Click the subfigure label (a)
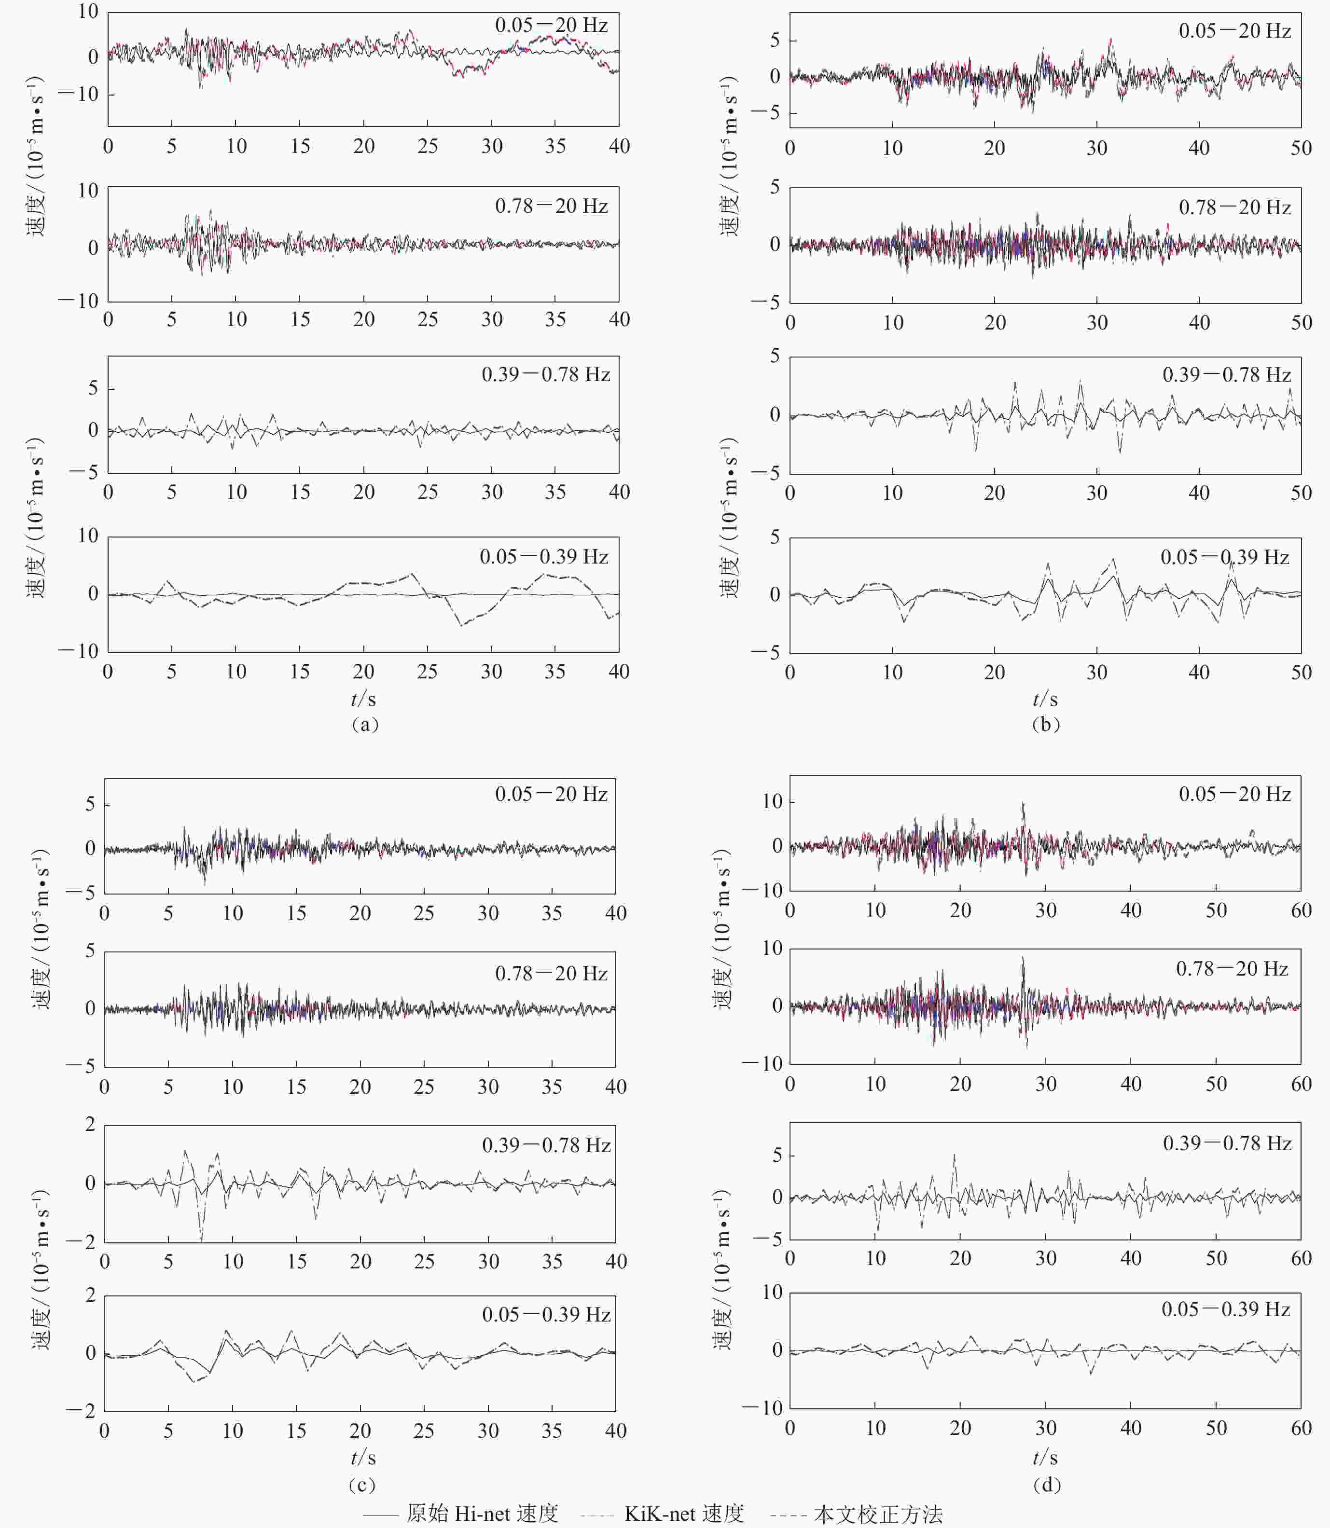pyautogui.click(x=364, y=724)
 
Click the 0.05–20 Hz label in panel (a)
pyautogui.click(x=552, y=25)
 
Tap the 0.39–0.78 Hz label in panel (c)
pyautogui.click(x=546, y=1145)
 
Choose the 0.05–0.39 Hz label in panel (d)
pyautogui.click(x=1226, y=1309)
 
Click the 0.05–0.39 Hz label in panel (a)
pyautogui.click(x=544, y=557)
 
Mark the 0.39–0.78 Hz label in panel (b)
pyautogui.click(x=1227, y=375)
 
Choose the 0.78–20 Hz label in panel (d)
pyautogui.click(x=1232, y=968)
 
